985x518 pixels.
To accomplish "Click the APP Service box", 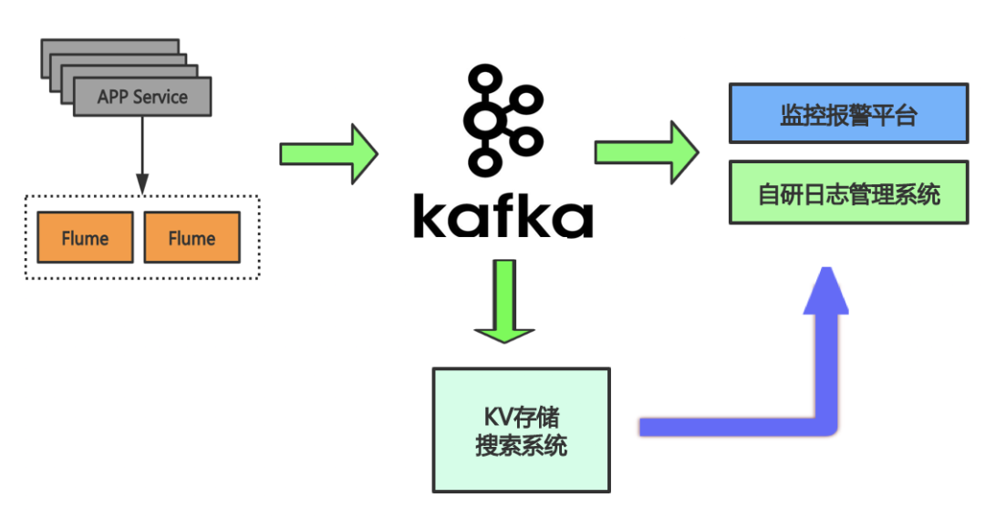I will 142,97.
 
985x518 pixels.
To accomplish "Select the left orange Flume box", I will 85,238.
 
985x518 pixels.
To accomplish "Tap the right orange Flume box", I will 192,238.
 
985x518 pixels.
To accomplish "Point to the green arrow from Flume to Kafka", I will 328,153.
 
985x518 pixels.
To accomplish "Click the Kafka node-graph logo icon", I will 503,119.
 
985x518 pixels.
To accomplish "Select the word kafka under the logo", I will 503,214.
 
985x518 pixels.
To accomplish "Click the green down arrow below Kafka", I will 503,301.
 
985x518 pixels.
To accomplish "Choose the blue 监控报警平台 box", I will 848,114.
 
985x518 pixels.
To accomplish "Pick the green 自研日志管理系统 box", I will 848,193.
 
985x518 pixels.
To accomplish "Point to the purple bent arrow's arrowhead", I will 825,290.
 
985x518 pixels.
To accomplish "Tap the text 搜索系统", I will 521,446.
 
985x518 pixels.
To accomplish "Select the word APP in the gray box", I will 114,97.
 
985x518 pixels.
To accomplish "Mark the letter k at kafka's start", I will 431,214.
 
